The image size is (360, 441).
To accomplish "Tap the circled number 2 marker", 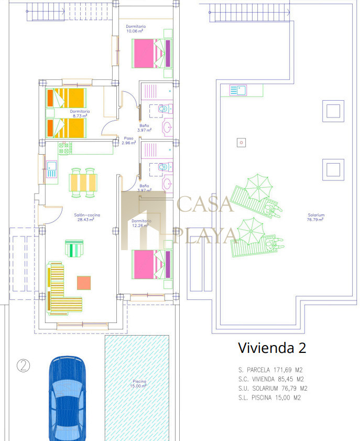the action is coord(24,365).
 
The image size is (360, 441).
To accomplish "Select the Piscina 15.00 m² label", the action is coord(138,384).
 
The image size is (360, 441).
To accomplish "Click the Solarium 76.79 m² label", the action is coord(315,217).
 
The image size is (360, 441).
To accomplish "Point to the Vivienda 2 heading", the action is coord(272,348).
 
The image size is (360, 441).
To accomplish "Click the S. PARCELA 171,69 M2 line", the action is coord(270,370).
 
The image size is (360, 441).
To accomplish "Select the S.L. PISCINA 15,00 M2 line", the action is coord(269,397).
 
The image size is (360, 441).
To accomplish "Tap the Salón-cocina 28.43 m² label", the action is coord(86,217).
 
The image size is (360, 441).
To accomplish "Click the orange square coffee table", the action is coord(84,283).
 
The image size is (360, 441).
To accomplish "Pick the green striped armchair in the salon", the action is coord(74,248).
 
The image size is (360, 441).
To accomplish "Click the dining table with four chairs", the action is coord(83,182).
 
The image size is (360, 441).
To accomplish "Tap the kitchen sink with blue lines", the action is coord(51,169).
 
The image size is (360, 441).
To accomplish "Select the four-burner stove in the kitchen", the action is coord(65,148).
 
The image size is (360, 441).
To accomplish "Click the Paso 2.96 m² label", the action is coord(129,141).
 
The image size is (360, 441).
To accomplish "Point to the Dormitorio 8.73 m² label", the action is coord(80,113).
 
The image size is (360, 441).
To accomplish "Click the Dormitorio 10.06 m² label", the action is coord(135,28).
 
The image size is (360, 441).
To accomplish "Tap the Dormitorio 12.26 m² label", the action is coord(141,223).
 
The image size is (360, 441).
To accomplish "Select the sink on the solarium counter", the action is coord(238,90).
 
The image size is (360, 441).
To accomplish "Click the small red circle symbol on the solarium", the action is coord(241,143).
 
